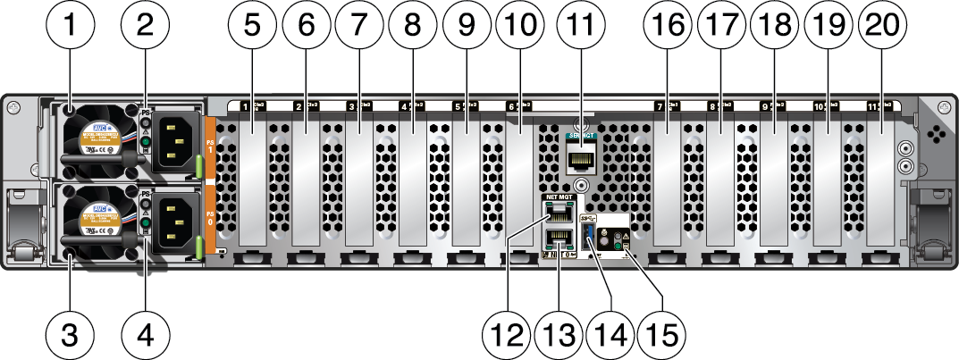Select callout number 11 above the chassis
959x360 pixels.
(x=581, y=28)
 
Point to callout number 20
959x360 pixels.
(x=881, y=28)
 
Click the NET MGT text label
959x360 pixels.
(x=557, y=196)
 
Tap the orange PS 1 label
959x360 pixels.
(x=211, y=145)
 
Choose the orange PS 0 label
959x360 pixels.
(x=211, y=221)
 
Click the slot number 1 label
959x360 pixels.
(x=245, y=106)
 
